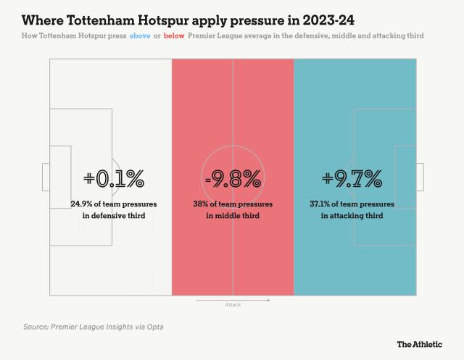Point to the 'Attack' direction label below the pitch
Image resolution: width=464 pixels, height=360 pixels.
pos(232,305)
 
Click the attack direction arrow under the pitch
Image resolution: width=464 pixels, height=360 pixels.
pos(233,299)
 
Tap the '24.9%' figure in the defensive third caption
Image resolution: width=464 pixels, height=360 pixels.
pos(83,204)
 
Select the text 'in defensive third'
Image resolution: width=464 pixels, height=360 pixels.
pos(114,216)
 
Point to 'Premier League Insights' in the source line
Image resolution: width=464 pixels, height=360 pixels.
pos(99,327)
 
